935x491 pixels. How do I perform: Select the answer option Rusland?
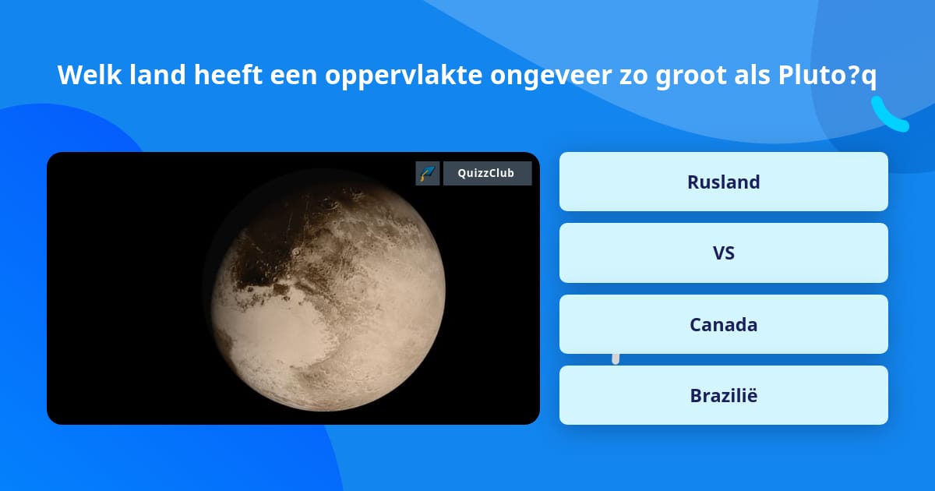coord(723,182)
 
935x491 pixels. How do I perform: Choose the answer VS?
coord(723,253)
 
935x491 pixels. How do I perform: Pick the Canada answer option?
coord(723,324)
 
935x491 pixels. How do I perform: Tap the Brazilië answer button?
coord(723,395)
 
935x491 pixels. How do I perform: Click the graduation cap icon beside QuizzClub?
coord(428,173)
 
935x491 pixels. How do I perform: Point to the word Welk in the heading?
coord(90,75)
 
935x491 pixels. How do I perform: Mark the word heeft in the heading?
coord(228,75)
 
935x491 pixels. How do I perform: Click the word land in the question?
coord(157,75)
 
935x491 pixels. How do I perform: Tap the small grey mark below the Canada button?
coord(616,359)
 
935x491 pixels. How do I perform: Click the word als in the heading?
coord(752,75)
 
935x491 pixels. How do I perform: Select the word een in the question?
coord(294,77)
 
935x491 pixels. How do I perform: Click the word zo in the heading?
coord(633,77)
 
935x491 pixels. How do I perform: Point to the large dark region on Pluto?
coord(267,255)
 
